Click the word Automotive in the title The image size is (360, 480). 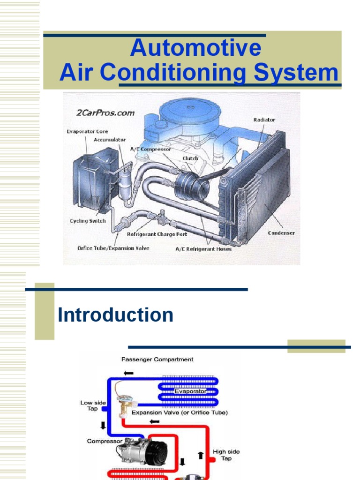195,48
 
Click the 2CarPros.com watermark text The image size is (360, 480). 105,112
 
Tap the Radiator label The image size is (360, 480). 264,120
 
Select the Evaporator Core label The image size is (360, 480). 87,132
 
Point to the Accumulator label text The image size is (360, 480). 110,140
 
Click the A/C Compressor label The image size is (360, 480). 150,149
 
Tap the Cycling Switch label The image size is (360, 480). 88,221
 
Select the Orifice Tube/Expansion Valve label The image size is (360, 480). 113,248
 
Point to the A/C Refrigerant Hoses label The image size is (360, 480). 203,249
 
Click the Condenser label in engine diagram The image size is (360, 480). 281,233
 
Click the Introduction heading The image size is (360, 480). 115,315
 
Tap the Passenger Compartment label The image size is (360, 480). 157,360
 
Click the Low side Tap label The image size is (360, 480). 93,405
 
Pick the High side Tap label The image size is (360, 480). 226,455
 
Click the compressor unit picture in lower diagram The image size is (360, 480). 142,452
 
